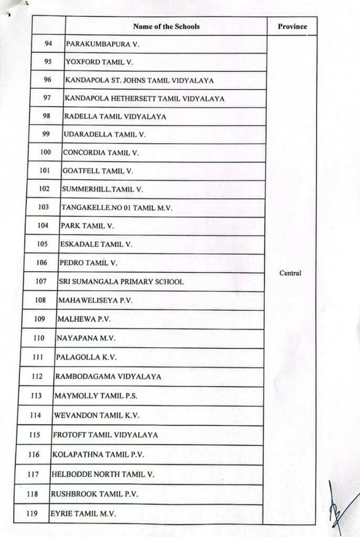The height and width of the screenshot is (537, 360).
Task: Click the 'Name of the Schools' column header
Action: click(x=166, y=26)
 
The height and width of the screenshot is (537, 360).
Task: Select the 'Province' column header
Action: click(x=292, y=26)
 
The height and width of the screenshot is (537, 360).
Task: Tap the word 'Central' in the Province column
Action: click(x=290, y=273)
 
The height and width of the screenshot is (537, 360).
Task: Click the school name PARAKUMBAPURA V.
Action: click(x=102, y=45)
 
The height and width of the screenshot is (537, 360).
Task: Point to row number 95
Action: click(x=48, y=62)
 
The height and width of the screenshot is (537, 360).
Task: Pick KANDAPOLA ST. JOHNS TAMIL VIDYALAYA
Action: click(x=139, y=80)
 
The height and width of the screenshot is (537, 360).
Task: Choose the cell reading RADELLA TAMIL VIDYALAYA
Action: click(x=115, y=116)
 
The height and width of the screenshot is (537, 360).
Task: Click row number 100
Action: click(x=45, y=153)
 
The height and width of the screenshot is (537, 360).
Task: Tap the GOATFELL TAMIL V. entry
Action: click(x=98, y=171)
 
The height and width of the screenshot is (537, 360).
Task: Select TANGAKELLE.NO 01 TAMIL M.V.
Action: click(x=117, y=208)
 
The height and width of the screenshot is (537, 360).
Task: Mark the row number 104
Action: click(x=44, y=225)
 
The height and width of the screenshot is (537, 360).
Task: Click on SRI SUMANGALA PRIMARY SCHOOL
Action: click(x=121, y=282)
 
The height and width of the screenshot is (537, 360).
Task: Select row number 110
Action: click(x=39, y=338)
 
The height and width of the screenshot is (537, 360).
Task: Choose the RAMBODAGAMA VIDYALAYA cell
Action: click(x=108, y=377)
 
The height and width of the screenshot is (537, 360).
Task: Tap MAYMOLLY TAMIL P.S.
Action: click(x=96, y=396)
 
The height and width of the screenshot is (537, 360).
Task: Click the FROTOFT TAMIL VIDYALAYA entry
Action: click(x=105, y=435)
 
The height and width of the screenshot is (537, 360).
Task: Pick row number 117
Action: click(x=34, y=474)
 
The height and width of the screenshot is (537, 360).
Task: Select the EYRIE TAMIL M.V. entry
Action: click(x=82, y=513)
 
